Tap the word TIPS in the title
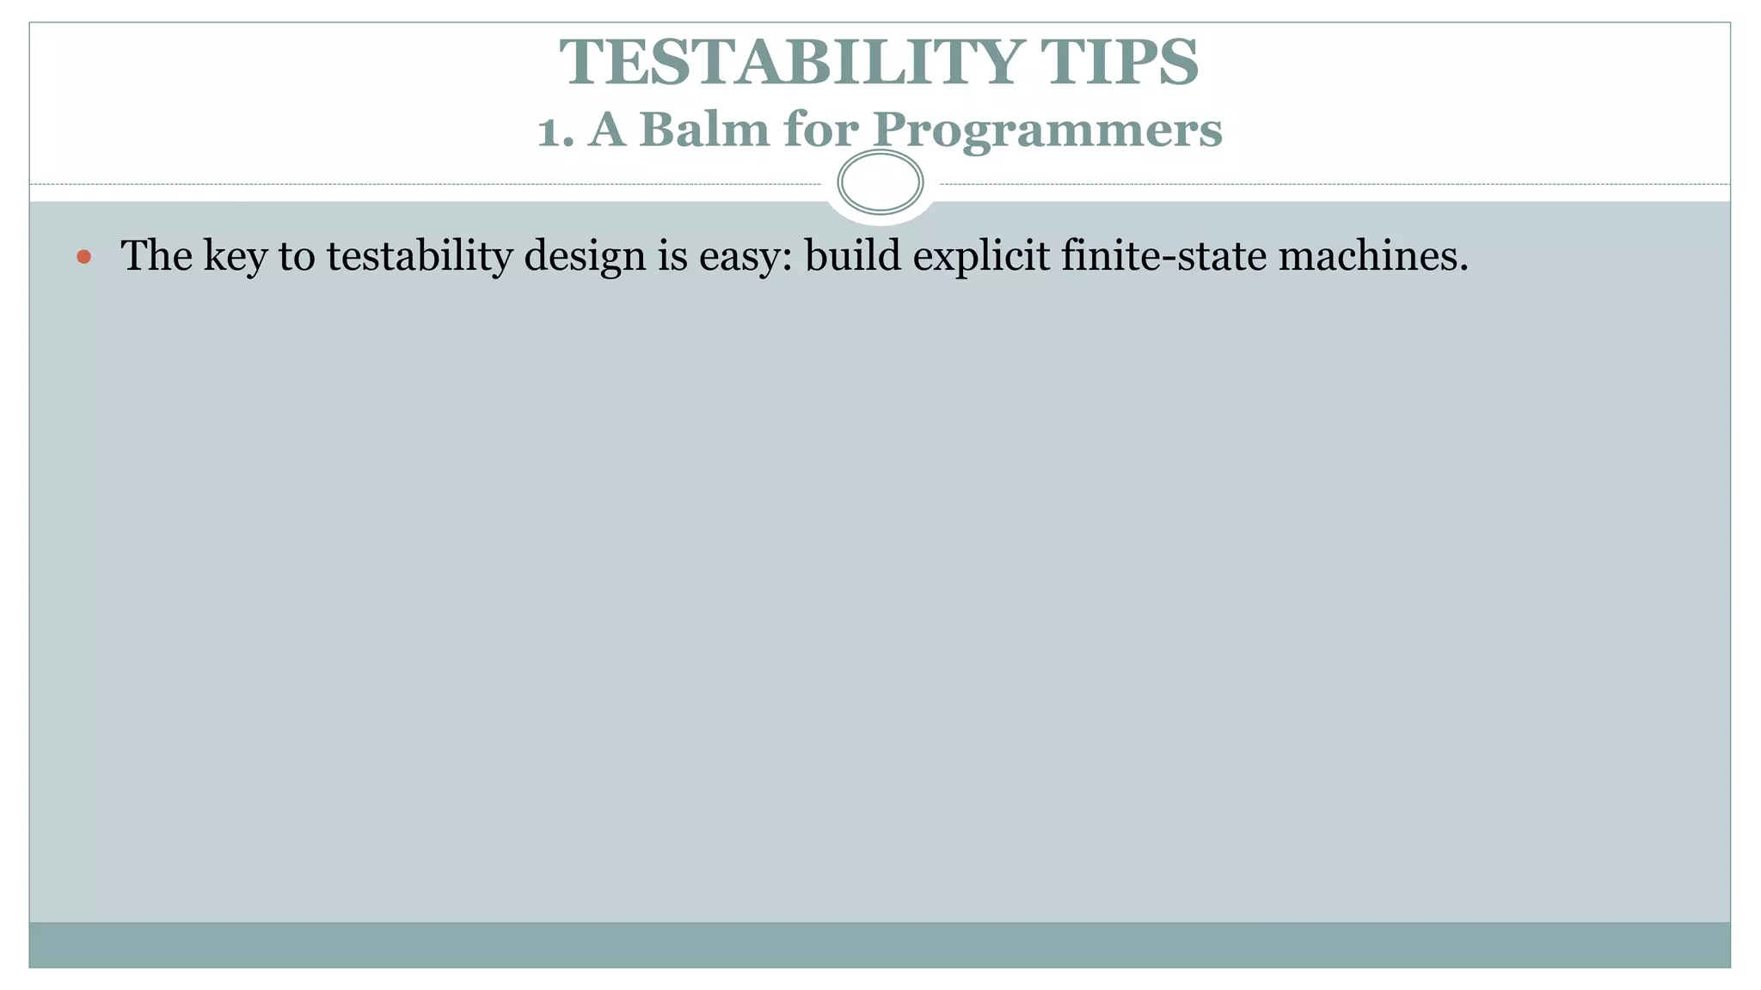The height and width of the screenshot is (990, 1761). click(x=1119, y=63)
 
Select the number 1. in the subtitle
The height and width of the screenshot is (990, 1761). click(x=555, y=131)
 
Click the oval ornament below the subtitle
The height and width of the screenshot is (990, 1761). click(x=880, y=182)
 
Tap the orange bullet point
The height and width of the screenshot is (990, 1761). click(x=83, y=256)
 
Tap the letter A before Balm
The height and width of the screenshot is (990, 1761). click(x=607, y=130)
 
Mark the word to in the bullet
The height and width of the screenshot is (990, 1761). click(x=297, y=256)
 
